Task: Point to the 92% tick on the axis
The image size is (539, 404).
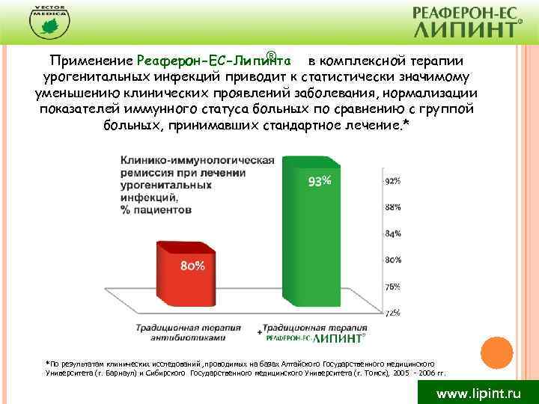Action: click(392, 181)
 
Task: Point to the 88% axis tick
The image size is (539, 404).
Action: click(392, 207)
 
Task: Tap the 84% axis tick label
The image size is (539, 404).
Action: click(392, 233)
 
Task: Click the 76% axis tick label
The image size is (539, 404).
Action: click(392, 287)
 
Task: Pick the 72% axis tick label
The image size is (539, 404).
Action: click(392, 313)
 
